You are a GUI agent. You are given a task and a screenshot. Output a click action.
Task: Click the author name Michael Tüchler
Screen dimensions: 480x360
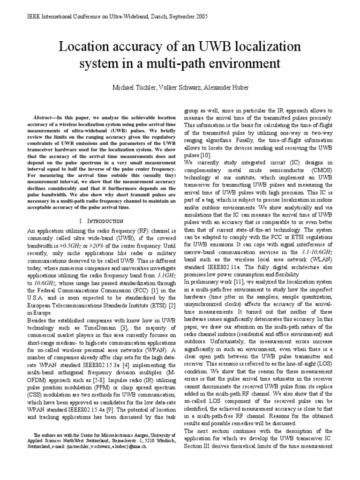tap(133, 88)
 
